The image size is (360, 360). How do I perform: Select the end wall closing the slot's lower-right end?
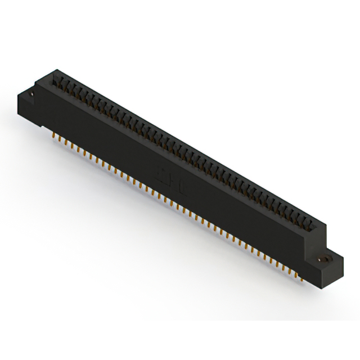coord(321,227)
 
